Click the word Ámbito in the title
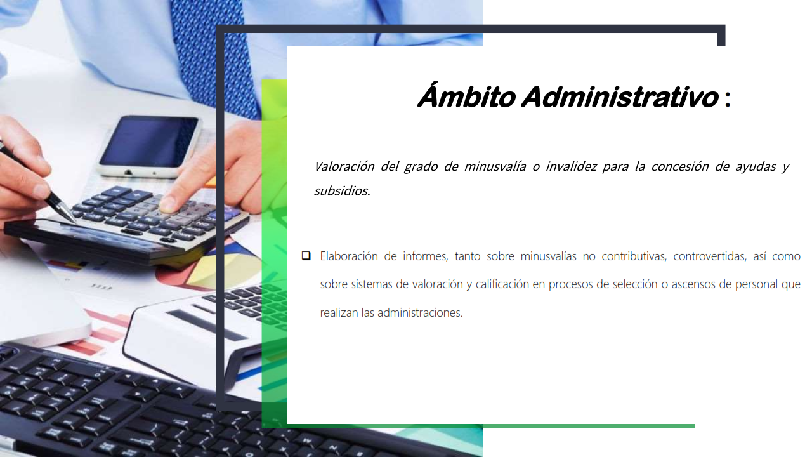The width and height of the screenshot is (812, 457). (x=466, y=95)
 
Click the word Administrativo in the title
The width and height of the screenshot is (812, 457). (x=620, y=96)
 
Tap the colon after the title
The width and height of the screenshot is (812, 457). (x=728, y=98)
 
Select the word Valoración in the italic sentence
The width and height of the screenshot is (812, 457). (x=344, y=166)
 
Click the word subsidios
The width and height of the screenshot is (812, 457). (x=342, y=191)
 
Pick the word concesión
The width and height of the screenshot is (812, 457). (x=679, y=166)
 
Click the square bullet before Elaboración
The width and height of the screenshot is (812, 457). (x=306, y=256)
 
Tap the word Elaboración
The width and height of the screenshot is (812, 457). (x=349, y=256)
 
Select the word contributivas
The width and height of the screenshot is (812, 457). (x=634, y=256)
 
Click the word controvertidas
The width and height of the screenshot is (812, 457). (x=710, y=256)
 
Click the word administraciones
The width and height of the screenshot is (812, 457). (x=420, y=313)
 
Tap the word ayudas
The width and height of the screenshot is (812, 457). (x=756, y=167)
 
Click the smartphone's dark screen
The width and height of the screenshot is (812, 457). (x=148, y=142)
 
